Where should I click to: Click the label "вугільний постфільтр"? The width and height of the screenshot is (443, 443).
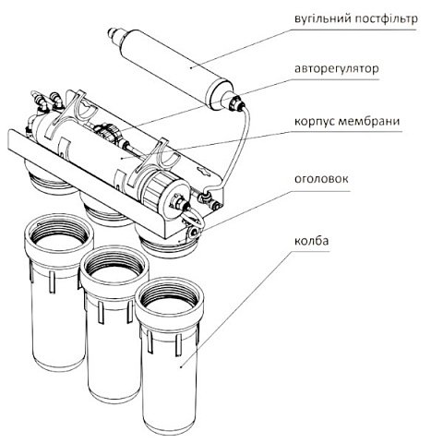tap(356, 19)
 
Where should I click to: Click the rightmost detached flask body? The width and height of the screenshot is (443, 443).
tap(172, 369)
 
